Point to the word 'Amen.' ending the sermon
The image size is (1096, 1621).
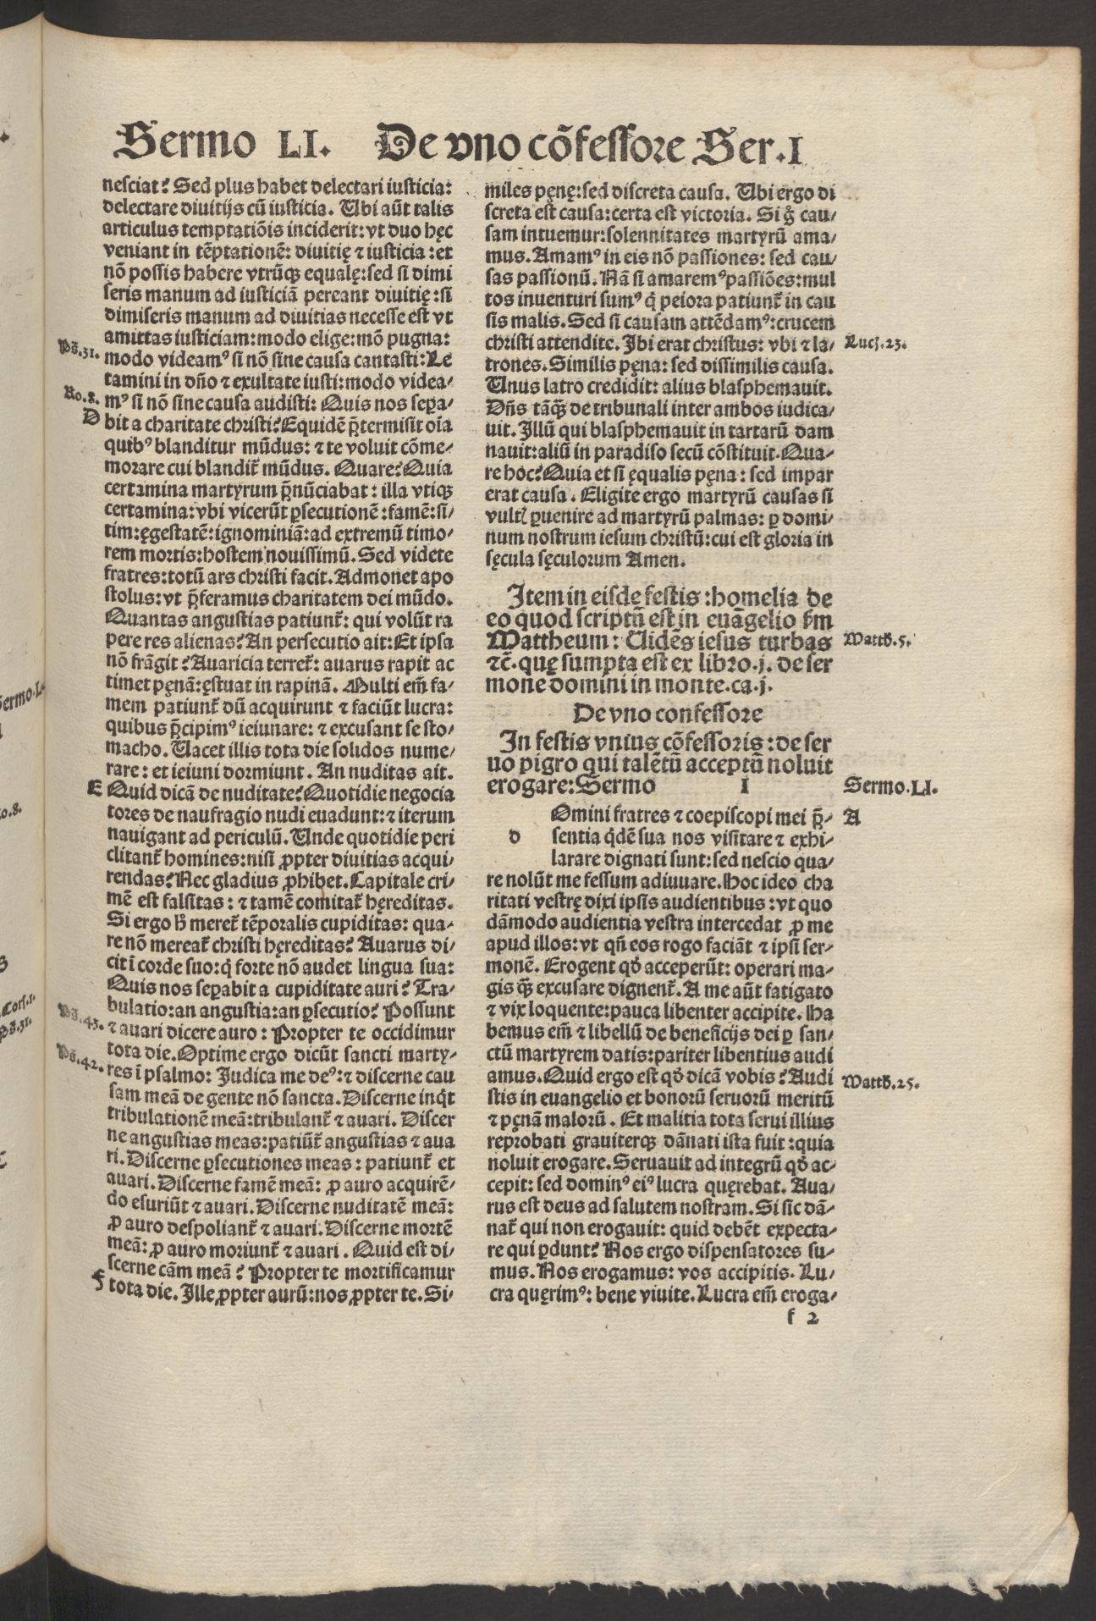point(651,560)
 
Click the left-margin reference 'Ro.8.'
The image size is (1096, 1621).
point(77,395)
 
